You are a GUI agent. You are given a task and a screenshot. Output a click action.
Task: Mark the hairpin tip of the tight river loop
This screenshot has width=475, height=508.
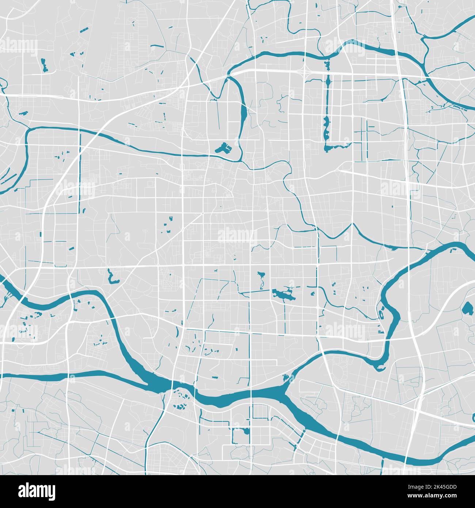[x=380, y=365]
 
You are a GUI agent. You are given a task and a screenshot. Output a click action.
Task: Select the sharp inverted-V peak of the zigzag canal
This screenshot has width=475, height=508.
[x=352, y=224]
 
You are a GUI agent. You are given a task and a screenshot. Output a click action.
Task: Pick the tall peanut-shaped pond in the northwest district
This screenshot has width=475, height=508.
[x=45, y=65]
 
